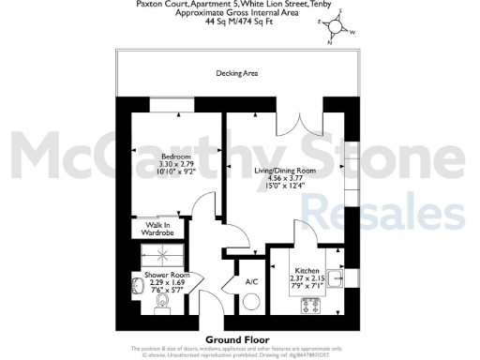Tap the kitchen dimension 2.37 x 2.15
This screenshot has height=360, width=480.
[x=307, y=277]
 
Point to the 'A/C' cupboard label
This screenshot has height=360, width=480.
[x=251, y=281]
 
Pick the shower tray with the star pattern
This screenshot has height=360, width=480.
[x=155, y=254]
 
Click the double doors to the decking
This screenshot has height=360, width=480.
[x=294, y=129]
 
